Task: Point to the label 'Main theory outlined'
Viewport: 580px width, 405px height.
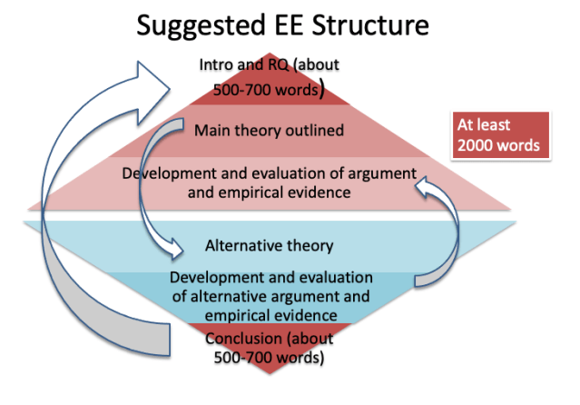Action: (269, 131)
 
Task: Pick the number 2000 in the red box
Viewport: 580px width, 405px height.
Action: (478, 145)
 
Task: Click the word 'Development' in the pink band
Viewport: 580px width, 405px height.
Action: (165, 173)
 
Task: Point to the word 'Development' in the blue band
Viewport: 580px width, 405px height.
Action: (213, 276)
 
